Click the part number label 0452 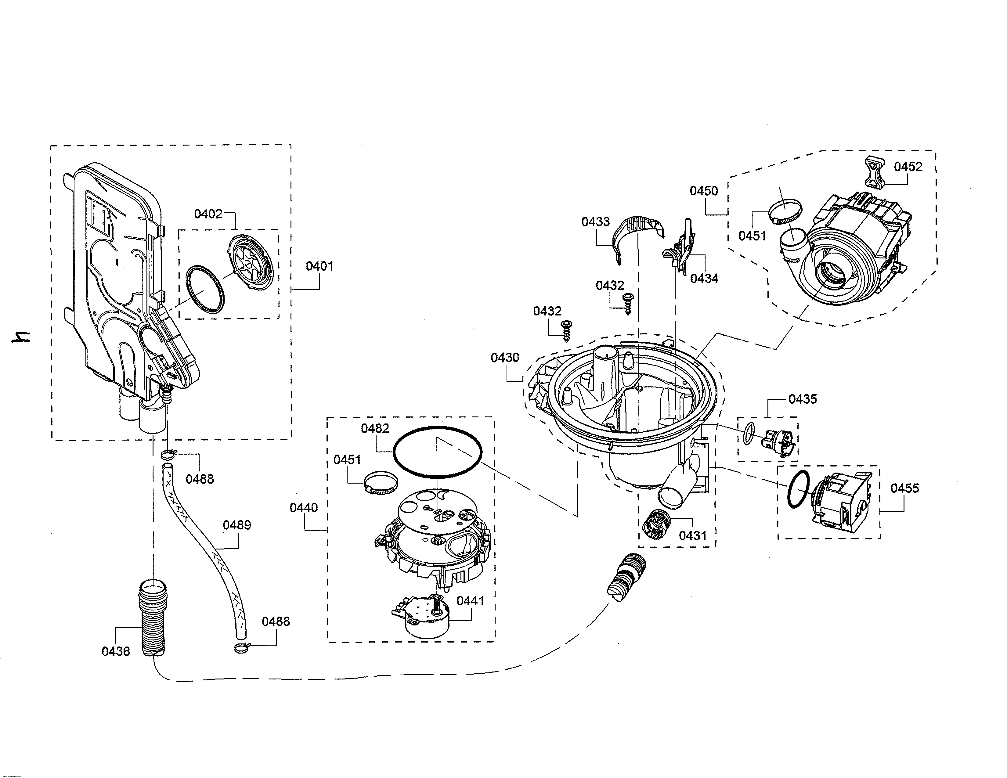pyautogui.click(x=908, y=167)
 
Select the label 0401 pyautogui.click(x=319, y=266)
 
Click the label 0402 pyautogui.click(x=208, y=214)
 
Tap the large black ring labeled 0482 pyautogui.click(x=437, y=452)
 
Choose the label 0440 pyautogui.click(x=303, y=508)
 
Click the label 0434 pyautogui.click(x=704, y=278)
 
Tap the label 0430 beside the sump pyautogui.click(x=505, y=358)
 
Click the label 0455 pyautogui.click(x=904, y=488)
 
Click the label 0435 pyautogui.click(x=802, y=399)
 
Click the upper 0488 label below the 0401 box pyautogui.click(x=200, y=479)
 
